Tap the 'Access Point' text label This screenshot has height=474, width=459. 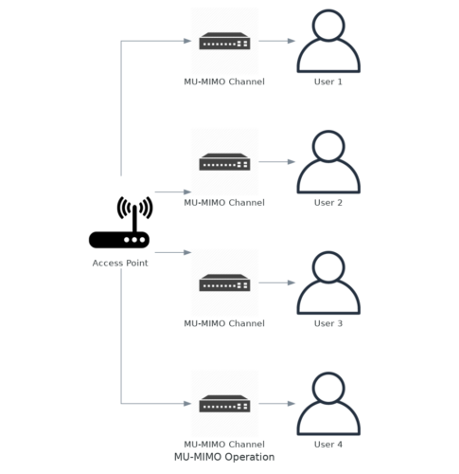pos(119,263)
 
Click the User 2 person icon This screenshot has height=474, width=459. pos(327,162)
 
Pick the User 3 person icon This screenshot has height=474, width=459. pos(327,283)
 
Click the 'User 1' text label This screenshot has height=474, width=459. pos(327,82)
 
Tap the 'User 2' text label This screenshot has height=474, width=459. pos(327,202)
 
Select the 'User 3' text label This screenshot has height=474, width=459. pos(327,323)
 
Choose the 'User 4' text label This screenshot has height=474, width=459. pos(327,444)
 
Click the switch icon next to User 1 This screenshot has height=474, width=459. pos(224,42)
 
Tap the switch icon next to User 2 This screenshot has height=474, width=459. pos(224,162)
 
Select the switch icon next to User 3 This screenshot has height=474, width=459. pos(224,283)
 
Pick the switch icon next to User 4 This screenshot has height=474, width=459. pos(224,404)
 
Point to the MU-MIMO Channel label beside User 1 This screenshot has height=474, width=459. pos(224,82)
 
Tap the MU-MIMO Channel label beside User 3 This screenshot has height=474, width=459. pos(224,323)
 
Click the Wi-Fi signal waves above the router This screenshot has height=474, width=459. pos(133,209)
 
